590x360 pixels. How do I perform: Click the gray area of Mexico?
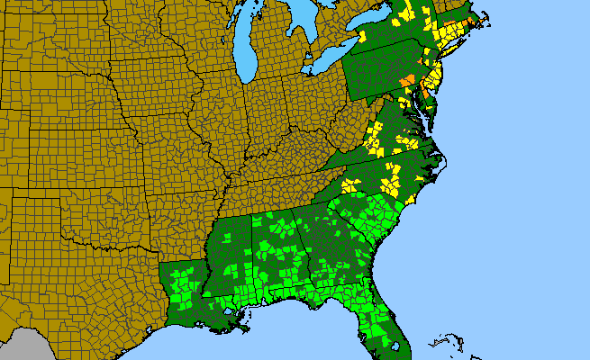18,346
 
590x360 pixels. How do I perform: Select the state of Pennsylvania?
378,67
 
